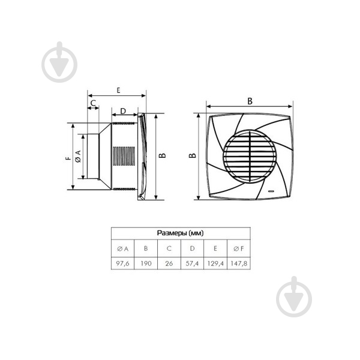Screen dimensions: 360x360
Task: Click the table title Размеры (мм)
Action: click(181, 233)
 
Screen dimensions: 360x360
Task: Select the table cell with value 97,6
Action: click(122, 263)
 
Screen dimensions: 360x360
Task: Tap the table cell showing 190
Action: click(146, 263)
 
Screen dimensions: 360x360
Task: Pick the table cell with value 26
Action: click(169, 263)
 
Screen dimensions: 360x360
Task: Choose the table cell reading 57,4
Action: click(193, 263)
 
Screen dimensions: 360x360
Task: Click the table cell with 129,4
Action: click(215, 263)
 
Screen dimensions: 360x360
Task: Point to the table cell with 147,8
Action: click(239, 263)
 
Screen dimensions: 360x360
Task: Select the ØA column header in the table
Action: click(122, 248)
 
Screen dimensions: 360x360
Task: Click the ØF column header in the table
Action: click(239, 248)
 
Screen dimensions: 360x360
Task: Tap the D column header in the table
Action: click(193, 248)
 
